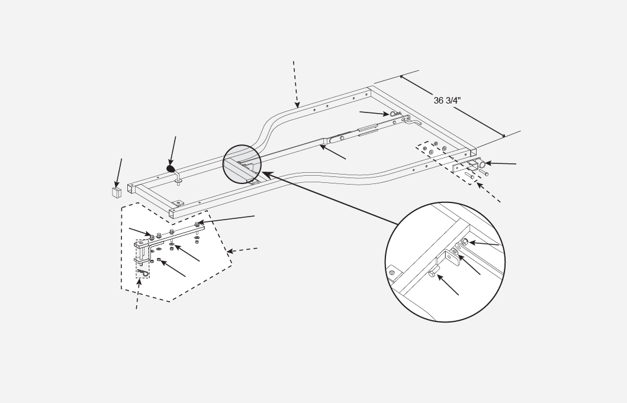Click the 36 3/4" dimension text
(447, 101)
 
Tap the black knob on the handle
(172, 169)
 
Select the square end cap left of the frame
(117, 192)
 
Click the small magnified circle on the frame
(242, 164)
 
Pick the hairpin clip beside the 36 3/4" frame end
(393, 114)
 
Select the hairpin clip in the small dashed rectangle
(144, 272)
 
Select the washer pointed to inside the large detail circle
(454, 252)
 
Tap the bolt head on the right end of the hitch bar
(197, 224)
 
